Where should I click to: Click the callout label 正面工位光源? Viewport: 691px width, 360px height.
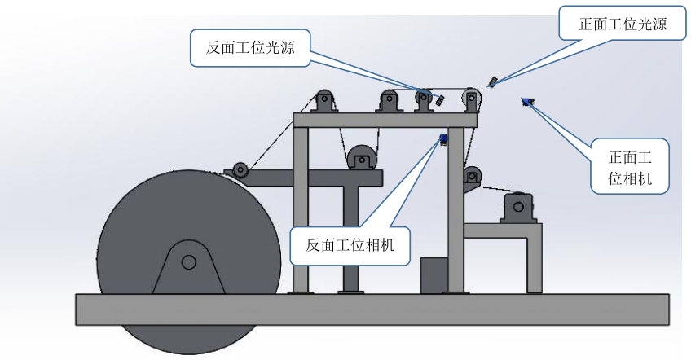coord(623,24)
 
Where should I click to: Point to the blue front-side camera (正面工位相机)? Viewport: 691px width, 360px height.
coord(527,101)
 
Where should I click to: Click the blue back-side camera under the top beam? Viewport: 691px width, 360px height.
coord(443,139)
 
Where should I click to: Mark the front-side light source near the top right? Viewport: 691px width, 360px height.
coord(492,81)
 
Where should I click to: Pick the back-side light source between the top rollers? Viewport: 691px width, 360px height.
coord(439,100)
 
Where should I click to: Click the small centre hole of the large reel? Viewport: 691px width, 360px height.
coord(188,261)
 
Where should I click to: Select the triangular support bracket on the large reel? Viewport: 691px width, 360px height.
coord(188,269)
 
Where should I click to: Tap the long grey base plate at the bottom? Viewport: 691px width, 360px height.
coord(372,309)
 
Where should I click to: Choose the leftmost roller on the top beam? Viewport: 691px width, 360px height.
coord(324,101)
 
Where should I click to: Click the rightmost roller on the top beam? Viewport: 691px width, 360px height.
coord(472,100)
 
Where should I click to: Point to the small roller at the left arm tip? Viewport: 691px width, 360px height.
coord(240,169)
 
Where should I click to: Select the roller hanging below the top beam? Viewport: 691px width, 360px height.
coord(360,156)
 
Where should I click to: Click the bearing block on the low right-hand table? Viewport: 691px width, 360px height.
coord(518,208)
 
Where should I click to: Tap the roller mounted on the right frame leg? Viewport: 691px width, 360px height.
coord(471,175)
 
